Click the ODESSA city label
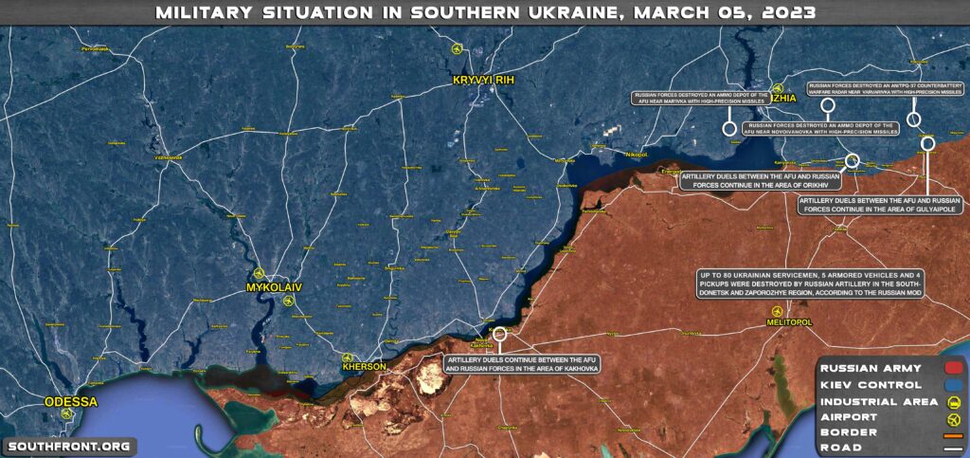[x=71, y=402]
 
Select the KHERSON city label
[x=365, y=367]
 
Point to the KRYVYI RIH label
[x=483, y=80]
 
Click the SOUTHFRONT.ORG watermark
[x=68, y=446]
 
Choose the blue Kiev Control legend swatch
[x=953, y=384]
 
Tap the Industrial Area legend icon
[x=953, y=400]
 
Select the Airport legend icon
[x=953, y=416]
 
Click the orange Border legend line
[x=953, y=432]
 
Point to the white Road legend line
[x=953, y=448]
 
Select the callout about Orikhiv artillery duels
[x=761, y=180]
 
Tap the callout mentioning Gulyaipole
[x=879, y=206]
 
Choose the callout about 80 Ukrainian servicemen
[x=809, y=284]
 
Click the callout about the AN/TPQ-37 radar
[x=885, y=90]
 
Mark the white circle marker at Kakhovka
[x=500, y=334]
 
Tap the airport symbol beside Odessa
[x=66, y=414]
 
